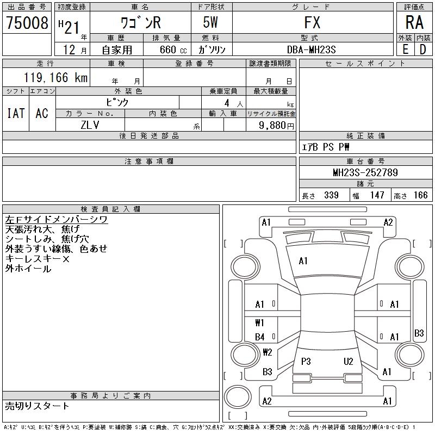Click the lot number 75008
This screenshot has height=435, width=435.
[x=27, y=23]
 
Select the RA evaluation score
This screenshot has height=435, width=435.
[x=414, y=22]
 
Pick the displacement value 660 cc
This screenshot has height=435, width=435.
[x=167, y=49]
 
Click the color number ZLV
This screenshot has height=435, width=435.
[x=90, y=125]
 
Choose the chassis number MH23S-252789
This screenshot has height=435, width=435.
[x=365, y=173]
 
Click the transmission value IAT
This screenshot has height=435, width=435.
[x=16, y=113]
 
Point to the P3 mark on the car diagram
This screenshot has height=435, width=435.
[x=306, y=361]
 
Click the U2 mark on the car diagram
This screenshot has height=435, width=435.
[x=349, y=361]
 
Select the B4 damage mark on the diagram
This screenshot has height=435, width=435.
[x=260, y=337]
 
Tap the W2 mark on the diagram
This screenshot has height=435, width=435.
[x=267, y=352]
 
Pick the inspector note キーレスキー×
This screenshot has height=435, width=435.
[x=38, y=259]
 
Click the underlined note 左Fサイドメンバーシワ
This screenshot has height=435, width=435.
[x=56, y=220]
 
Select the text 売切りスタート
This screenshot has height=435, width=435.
[x=37, y=406]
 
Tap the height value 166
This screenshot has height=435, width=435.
[x=420, y=195]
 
